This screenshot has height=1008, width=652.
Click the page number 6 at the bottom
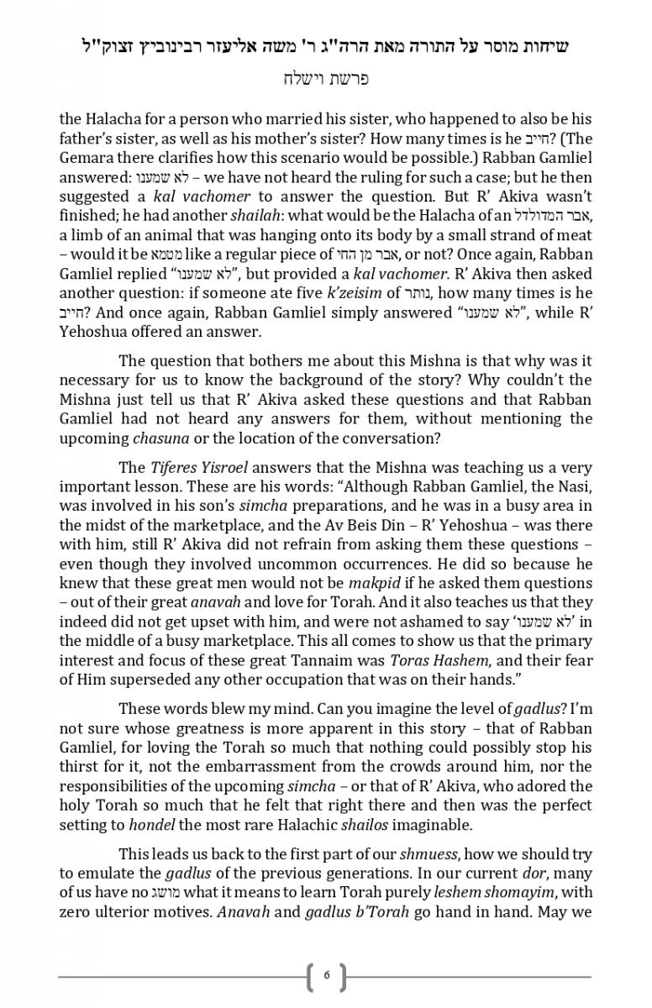tap(327, 975)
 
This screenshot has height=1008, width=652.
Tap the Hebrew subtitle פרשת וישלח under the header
tap(325, 80)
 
